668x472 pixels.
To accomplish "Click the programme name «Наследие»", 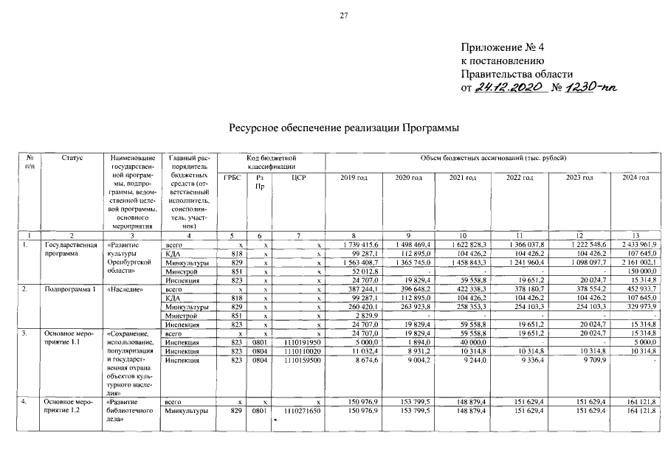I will pos(125,288).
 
